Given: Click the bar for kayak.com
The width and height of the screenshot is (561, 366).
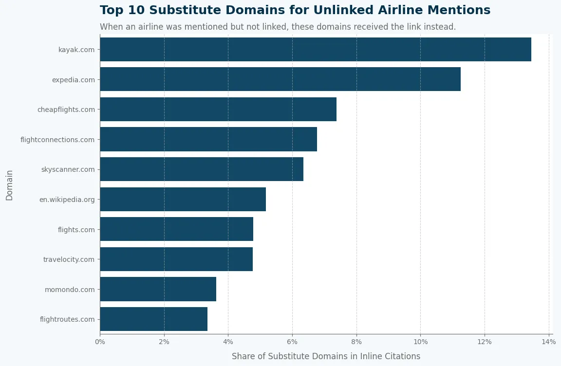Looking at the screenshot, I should point(316,49).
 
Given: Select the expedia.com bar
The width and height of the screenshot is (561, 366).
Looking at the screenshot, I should point(280,79).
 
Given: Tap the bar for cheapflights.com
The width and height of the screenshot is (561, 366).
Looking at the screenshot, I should point(218,110).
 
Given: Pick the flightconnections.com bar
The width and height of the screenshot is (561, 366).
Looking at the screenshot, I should point(208,139).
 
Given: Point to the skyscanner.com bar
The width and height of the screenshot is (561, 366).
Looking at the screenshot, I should point(202,169).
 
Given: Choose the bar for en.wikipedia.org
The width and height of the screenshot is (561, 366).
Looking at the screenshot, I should point(183,200).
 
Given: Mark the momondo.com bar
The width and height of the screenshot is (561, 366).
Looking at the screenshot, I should point(158,289).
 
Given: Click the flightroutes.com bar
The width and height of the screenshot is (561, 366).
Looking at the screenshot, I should point(153,319).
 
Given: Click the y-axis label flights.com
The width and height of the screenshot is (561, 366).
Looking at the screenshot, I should point(76,230).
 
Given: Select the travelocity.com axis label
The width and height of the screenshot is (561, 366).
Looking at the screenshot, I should point(69,259).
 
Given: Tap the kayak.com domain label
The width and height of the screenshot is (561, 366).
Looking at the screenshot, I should point(76,50).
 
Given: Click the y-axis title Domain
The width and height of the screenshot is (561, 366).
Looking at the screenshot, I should point(10,185).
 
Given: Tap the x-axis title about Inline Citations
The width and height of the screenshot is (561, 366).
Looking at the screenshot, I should point(326,356).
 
